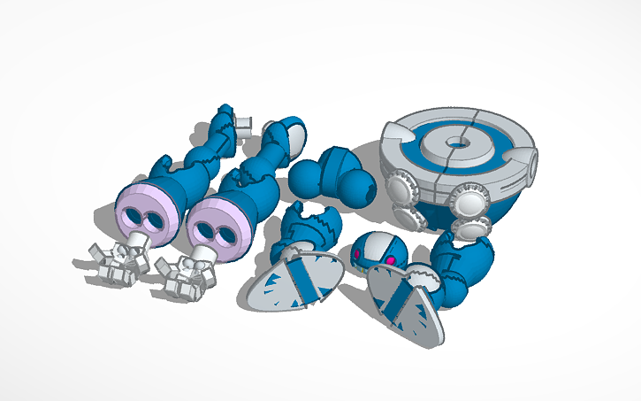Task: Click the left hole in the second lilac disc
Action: (202, 227)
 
